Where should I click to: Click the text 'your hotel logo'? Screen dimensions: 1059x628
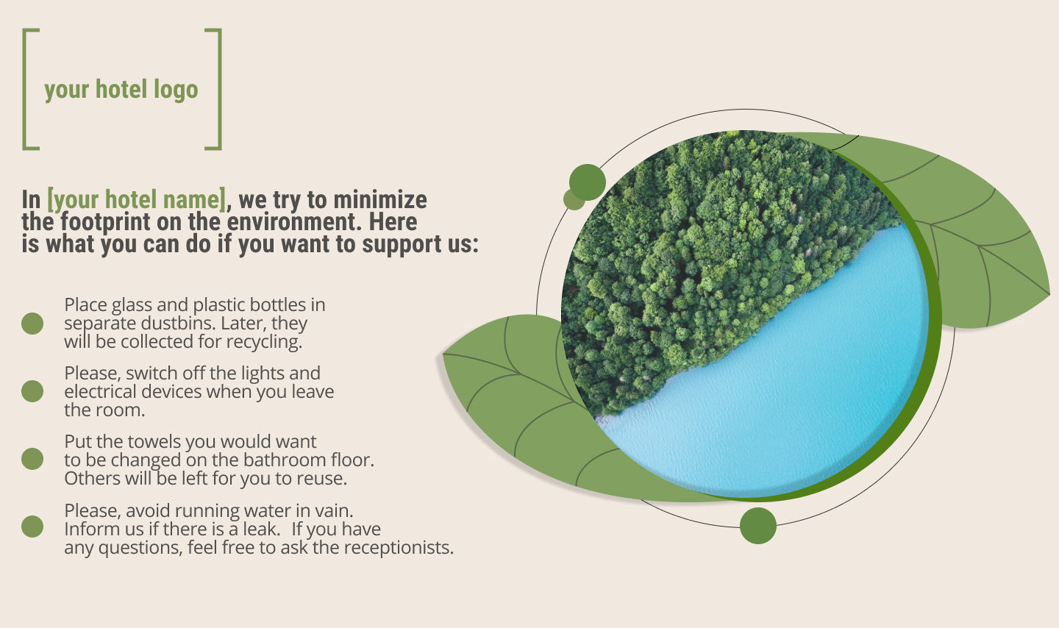[121, 90]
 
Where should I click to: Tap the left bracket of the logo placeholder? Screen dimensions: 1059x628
[24, 90]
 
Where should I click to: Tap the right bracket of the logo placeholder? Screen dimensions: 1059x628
[219, 90]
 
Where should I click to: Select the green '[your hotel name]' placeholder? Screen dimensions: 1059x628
[137, 199]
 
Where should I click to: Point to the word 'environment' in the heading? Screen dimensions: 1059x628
[294, 221]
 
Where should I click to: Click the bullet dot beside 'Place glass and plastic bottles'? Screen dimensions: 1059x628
[32, 324]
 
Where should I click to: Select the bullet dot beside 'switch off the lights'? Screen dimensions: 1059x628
[32, 391]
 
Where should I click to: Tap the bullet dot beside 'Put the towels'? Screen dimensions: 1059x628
[32, 459]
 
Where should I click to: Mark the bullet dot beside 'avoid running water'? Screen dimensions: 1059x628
[32, 527]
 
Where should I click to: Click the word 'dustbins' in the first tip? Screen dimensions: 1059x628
[178, 324]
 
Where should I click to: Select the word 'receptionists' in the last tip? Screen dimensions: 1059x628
[399, 548]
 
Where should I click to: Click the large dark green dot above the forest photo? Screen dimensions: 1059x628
[587, 182]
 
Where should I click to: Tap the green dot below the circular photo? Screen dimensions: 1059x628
[757, 525]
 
